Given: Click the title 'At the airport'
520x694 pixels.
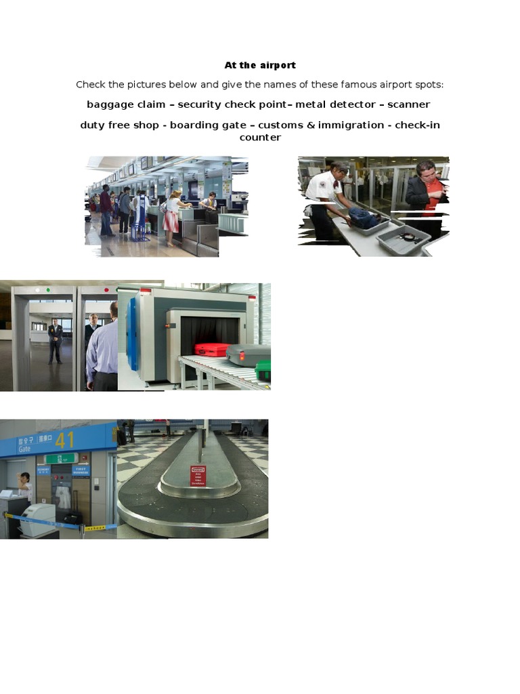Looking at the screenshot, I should (260, 65).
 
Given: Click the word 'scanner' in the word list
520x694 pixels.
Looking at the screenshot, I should (408, 104).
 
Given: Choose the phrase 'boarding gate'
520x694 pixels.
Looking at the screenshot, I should (208, 125).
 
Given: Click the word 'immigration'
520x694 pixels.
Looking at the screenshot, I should (351, 125).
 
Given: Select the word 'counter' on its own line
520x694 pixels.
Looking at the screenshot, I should (260, 137).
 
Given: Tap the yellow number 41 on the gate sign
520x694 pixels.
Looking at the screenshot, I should (65, 440).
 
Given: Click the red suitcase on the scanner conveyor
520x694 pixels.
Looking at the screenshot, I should (211, 350).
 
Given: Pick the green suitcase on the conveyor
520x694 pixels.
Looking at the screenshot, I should (263, 371).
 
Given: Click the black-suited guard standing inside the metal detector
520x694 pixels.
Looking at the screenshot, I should (55, 340).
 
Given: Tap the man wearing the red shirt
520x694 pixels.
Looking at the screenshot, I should (428, 193).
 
